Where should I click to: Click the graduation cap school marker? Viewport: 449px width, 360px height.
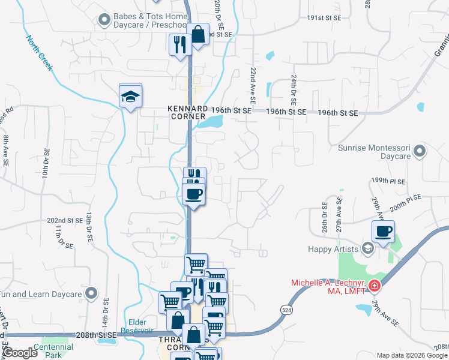[130, 96]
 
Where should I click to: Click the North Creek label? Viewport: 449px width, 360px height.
[40, 53]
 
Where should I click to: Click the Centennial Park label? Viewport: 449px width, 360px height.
[53, 350]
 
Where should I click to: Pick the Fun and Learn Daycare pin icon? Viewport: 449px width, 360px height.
[91, 294]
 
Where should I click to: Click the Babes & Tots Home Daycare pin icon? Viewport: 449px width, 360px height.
[104, 20]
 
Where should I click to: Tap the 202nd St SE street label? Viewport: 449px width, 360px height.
[64, 221]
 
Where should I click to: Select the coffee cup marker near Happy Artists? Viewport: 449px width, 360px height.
[383, 231]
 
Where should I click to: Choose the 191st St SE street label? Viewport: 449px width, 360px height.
[324, 19]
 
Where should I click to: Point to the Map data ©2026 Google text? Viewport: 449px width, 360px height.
[412, 355]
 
